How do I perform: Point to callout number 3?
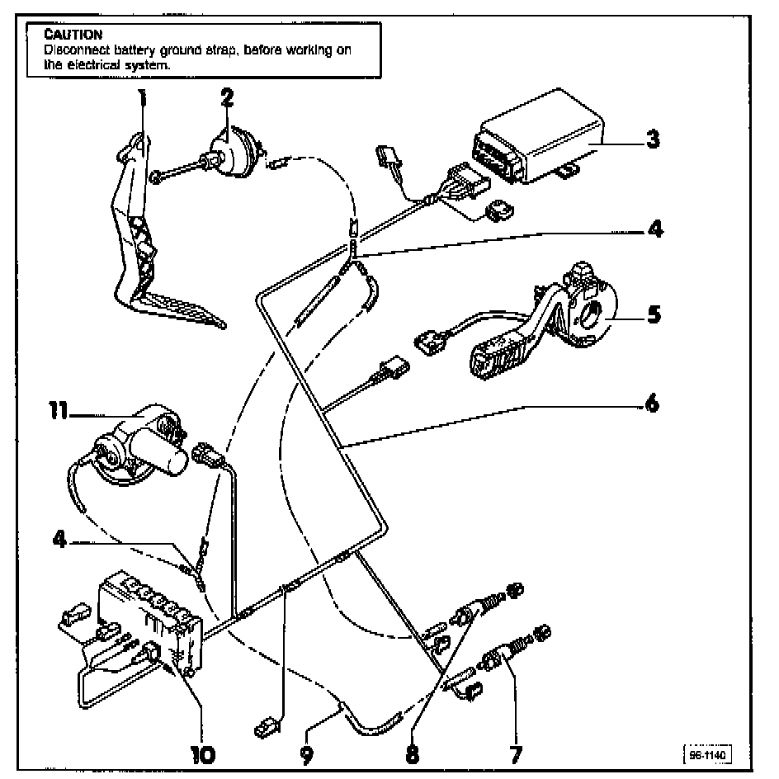[x=652, y=139]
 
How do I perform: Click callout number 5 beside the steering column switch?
[x=653, y=314]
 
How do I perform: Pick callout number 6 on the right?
[x=653, y=405]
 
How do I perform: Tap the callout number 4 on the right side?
[x=653, y=230]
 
